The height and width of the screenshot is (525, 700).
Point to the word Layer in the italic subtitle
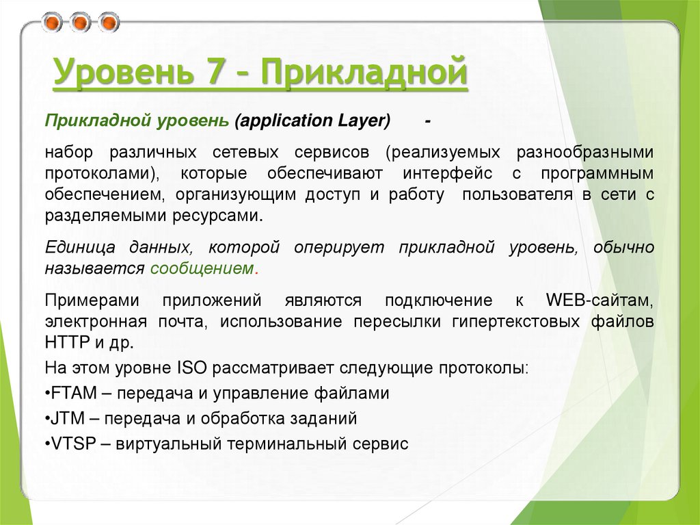click(x=363, y=121)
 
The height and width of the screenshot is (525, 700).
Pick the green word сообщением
click(x=202, y=268)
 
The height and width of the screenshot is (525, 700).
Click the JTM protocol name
click(x=66, y=418)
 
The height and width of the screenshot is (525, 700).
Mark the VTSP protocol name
click(x=70, y=444)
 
